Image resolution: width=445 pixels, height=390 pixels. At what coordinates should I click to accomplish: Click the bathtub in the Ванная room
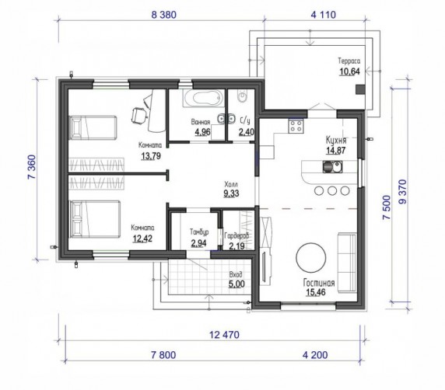[x=203, y=98]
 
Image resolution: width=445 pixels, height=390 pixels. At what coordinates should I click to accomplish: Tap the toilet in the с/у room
[x=243, y=96]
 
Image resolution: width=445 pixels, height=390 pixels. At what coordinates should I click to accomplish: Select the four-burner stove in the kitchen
[x=296, y=126]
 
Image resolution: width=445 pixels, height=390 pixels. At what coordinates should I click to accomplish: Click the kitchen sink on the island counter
[x=332, y=166]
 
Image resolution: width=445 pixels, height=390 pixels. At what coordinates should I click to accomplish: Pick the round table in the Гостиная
[x=311, y=257]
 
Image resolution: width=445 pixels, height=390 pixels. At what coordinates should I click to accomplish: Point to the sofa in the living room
[x=347, y=262]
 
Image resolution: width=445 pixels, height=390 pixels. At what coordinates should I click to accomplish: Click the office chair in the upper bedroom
[x=139, y=116]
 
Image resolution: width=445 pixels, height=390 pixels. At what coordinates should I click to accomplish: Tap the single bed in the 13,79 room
[x=93, y=127]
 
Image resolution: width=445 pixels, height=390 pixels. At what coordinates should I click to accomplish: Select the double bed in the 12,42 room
[x=95, y=219]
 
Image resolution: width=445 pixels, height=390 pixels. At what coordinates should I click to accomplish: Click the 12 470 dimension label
[x=224, y=335]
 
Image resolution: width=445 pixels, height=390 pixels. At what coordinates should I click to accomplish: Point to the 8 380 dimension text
[x=163, y=15]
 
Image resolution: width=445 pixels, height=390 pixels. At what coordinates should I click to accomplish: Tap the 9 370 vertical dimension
[x=402, y=192]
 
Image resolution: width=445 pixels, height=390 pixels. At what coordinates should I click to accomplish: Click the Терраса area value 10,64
[x=349, y=71]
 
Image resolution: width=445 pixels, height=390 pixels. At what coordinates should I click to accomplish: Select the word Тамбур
[x=199, y=232]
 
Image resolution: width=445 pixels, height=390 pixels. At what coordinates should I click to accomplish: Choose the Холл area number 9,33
[x=231, y=193]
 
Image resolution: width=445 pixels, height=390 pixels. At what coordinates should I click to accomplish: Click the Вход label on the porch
[x=236, y=274]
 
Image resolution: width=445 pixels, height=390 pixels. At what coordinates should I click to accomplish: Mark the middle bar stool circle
[x=332, y=190]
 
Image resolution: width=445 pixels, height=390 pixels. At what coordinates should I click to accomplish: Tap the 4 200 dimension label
[x=315, y=355]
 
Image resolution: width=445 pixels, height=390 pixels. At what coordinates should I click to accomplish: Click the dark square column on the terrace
[x=361, y=89]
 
